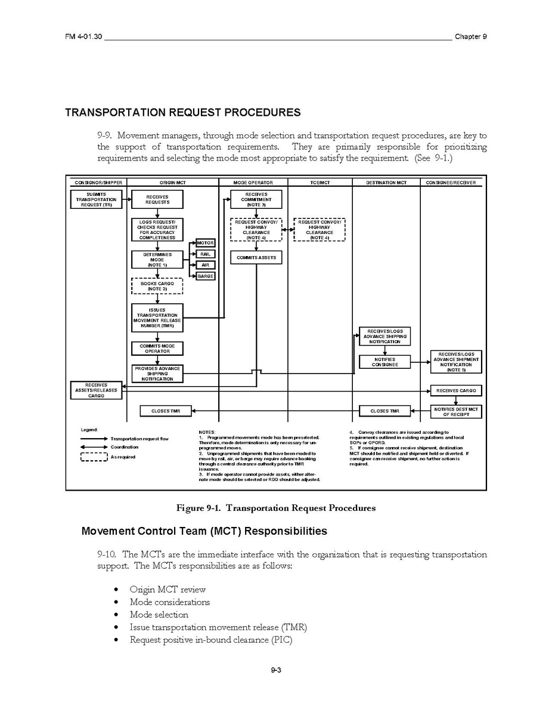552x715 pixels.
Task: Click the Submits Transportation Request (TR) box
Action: coord(96,199)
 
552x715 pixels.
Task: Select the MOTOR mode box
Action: coord(205,243)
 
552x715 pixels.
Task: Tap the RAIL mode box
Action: coord(205,254)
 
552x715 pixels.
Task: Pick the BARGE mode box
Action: coord(205,276)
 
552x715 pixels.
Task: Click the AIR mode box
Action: coord(205,265)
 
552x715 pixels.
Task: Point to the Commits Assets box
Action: coord(256,257)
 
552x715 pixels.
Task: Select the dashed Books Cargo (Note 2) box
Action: coord(157,286)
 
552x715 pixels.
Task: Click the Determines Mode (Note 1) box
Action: coord(157,260)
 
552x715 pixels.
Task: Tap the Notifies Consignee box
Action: coord(384,362)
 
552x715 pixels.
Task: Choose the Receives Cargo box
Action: coord(456,391)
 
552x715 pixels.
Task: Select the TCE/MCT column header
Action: coord(320,183)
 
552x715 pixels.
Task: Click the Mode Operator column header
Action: coord(253,183)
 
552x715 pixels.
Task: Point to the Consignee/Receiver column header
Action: coord(451,183)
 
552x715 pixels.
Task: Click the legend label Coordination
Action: coord(124,447)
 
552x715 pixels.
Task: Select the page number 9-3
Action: coord(275,670)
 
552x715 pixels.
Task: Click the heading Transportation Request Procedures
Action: coord(182,112)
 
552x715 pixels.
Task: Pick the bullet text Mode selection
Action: coord(159,615)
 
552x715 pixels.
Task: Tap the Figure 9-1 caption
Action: coord(275,508)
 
